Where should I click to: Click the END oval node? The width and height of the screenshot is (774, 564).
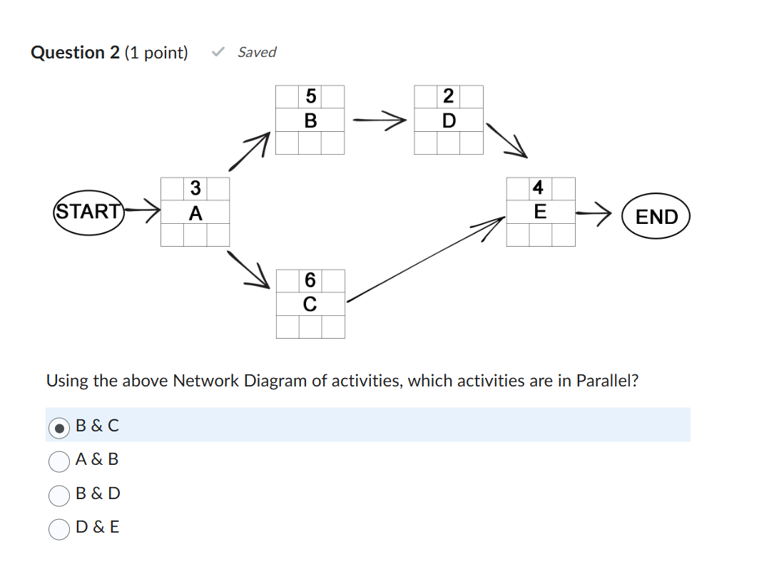(x=656, y=216)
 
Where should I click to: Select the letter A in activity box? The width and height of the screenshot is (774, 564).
(x=195, y=213)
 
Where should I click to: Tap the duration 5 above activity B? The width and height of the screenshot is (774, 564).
(x=310, y=96)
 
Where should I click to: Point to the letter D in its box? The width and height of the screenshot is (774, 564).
(x=448, y=121)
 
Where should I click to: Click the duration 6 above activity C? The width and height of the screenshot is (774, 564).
(x=310, y=280)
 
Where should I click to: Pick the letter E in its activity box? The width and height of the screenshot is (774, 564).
(x=539, y=212)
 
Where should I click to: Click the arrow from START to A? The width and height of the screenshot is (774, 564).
(x=143, y=211)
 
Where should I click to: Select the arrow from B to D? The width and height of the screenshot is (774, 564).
(x=380, y=121)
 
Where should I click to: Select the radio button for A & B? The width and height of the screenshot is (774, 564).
(x=59, y=461)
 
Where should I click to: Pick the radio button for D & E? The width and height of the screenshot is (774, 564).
(x=59, y=528)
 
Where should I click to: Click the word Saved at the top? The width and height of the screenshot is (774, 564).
(x=257, y=52)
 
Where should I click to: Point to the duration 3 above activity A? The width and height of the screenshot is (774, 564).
(x=195, y=189)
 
